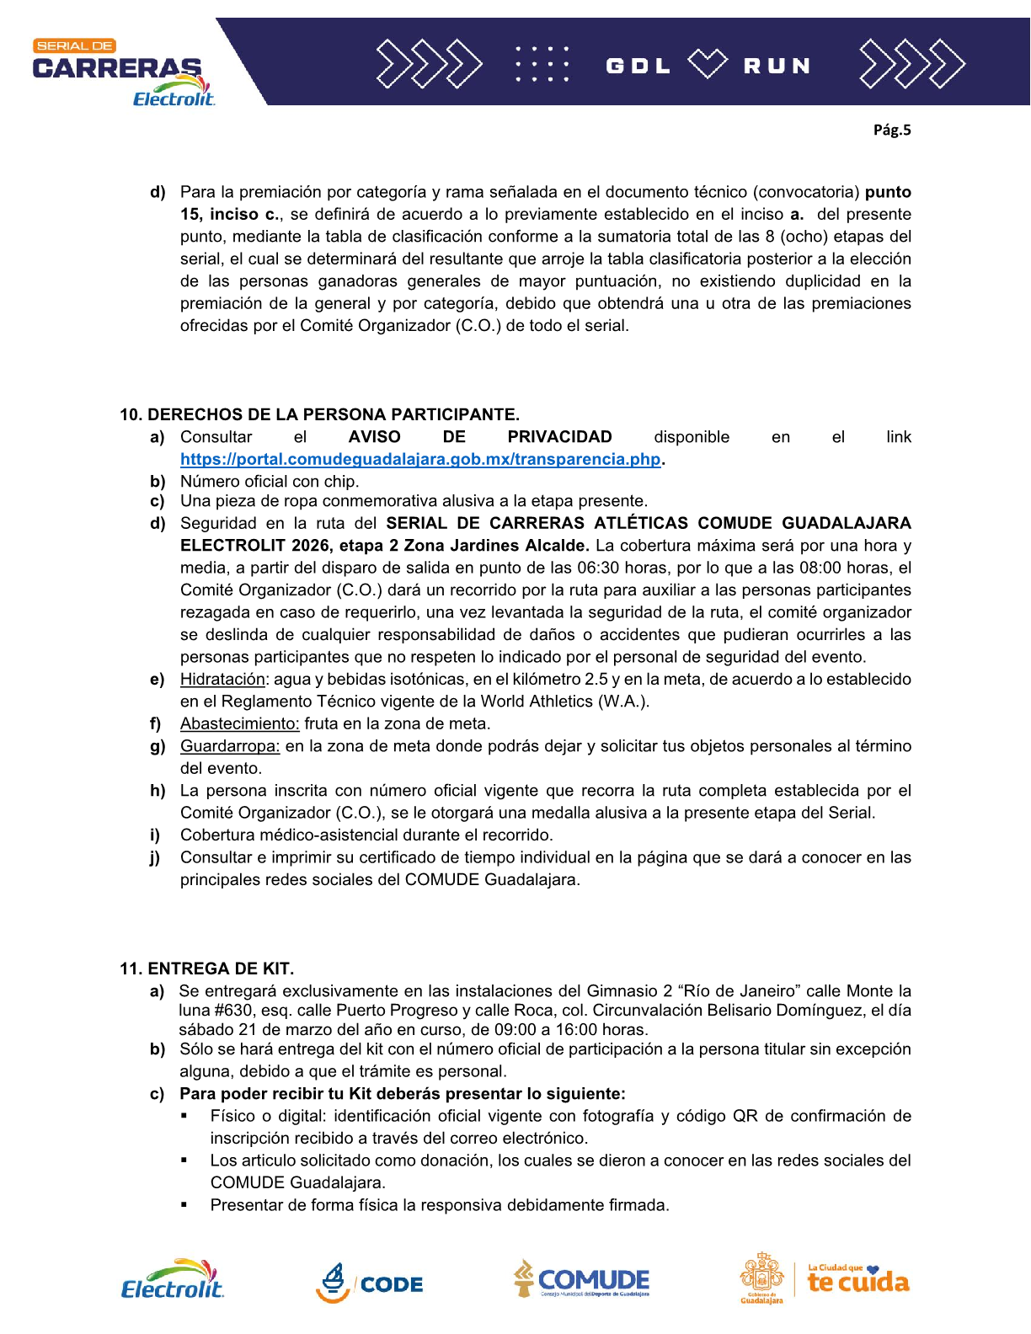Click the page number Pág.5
(892, 130)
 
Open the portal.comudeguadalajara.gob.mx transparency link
(420, 460)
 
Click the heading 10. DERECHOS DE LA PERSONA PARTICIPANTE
(319, 414)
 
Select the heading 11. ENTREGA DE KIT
(206, 968)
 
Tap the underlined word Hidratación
(222, 680)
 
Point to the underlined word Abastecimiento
(239, 724)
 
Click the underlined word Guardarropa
(229, 746)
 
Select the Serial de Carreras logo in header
(122, 72)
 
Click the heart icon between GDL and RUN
(707, 64)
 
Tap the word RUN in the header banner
(777, 66)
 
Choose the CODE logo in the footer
(370, 1283)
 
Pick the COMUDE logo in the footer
(582, 1280)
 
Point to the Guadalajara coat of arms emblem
(761, 1277)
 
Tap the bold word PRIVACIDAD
(559, 437)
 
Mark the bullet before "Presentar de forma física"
(184, 1205)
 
